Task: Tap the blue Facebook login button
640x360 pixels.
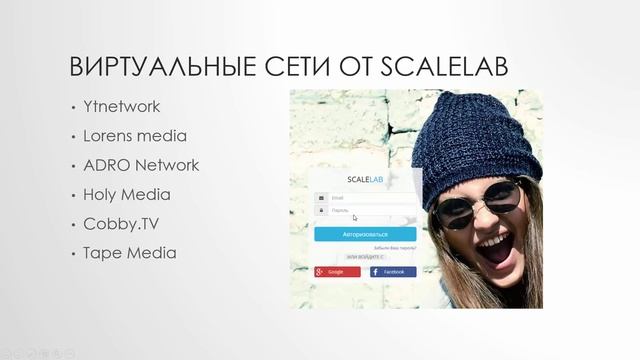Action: pyautogui.click(x=393, y=272)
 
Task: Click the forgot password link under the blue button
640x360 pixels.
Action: pyautogui.click(x=395, y=247)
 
